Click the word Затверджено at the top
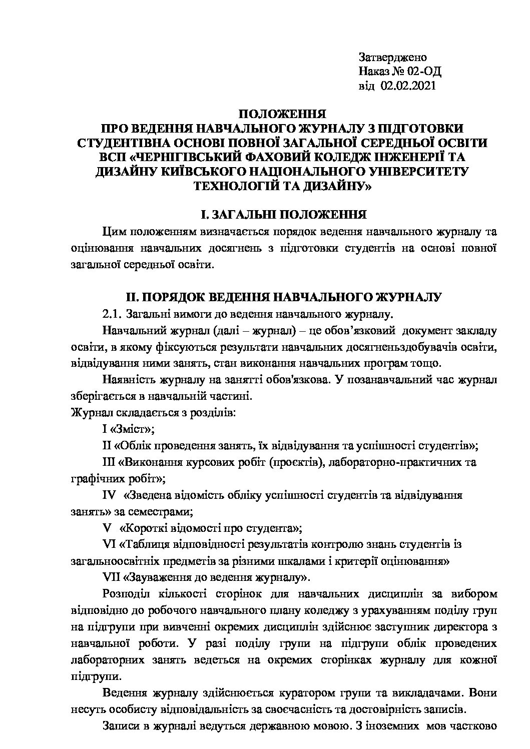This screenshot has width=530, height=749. point(392,58)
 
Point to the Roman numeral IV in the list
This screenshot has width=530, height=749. point(109,495)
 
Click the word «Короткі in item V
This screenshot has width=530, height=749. point(143,528)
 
